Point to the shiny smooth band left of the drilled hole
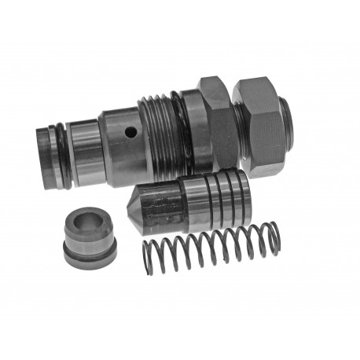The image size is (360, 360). click(x=88, y=149)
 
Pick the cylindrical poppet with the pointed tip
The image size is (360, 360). click(x=189, y=202)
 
